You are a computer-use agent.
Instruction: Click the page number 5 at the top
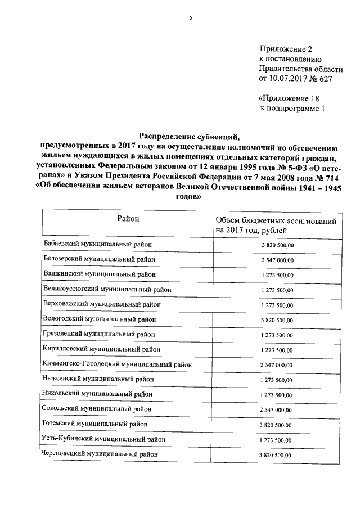click(x=190, y=18)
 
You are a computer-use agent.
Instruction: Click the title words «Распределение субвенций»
click(x=190, y=136)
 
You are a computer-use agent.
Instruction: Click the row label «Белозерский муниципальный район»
click(x=99, y=259)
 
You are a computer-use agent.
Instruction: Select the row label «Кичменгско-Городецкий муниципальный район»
click(x=117, y=364)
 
